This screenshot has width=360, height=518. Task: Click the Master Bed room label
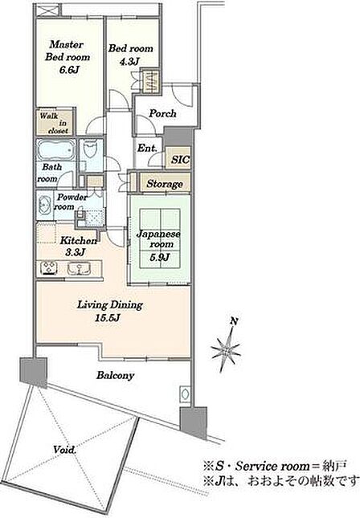coord(67,51)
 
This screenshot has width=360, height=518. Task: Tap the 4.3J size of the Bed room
coord(130,62)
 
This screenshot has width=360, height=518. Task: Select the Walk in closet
coord(54,122)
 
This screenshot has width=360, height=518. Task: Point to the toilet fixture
coord(90,149)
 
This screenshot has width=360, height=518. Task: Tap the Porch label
coord(162,114)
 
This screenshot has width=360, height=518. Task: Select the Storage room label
coord(165,184)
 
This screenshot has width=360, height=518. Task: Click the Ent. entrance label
coord(147,148)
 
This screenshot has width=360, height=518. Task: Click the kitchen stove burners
coord(48,267)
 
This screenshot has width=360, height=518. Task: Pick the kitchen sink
coord(79,268)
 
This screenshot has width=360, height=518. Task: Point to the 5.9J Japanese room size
coord(160,257)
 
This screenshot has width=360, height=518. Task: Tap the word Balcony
coord(115,376)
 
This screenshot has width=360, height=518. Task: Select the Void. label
coord(65,450)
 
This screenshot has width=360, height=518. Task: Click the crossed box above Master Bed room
coord(47,10)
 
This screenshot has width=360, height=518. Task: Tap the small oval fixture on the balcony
coord(185,394)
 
